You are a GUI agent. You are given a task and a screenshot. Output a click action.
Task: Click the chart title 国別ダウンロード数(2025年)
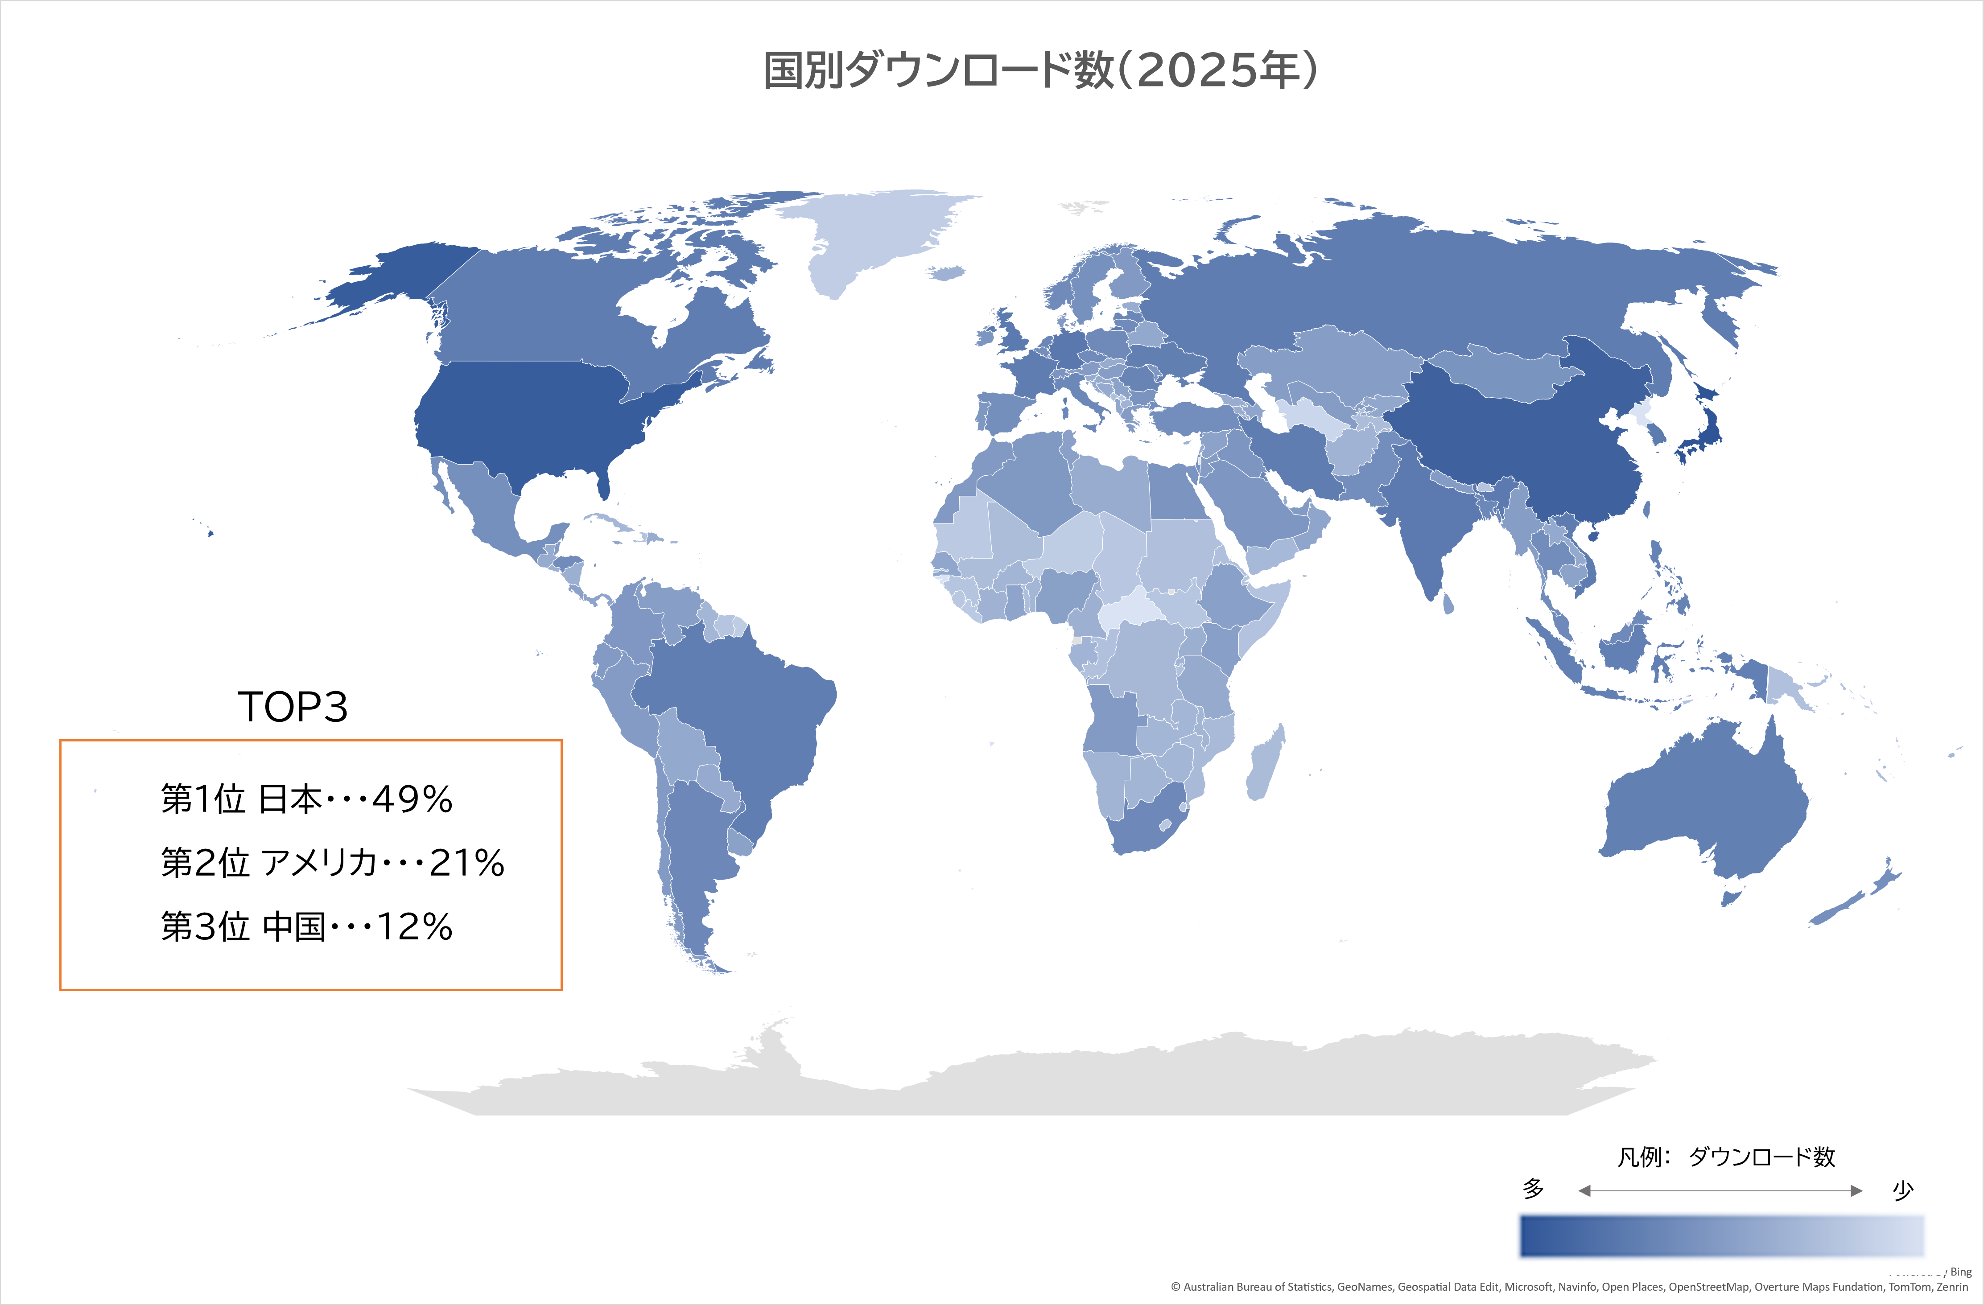click(1040, 70)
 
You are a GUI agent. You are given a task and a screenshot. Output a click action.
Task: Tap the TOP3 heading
click(293, 707)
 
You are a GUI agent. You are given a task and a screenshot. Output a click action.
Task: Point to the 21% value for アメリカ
click(467, 863)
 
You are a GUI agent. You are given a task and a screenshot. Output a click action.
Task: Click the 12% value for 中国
click(414, 926)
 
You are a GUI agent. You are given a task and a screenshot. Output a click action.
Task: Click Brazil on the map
click(734, 708)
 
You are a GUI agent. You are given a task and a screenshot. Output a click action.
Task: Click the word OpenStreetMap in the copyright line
click(1708, 1288)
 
